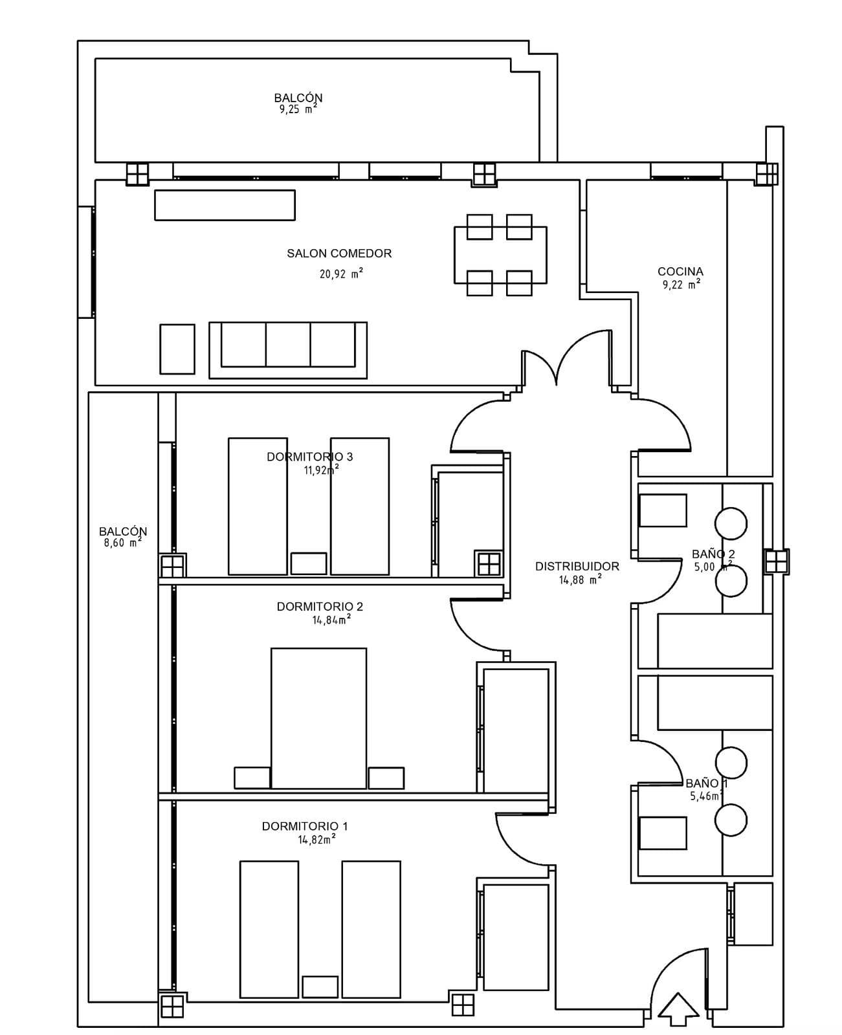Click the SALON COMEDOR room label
click(x=339, y=253)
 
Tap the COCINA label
click(x=680, y=272)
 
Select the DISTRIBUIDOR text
click(x=577, y=566)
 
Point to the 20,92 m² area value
click(x=341, y=274)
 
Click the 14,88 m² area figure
click(x=581, y=579)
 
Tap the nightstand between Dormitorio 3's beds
click(x=308, y=563)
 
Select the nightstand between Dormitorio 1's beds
click(x=320, y=987)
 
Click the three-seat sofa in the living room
click(x=288, y=350)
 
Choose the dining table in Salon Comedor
click(x=500, y=255)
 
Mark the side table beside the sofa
click(x=177, y=349)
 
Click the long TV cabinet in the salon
click(x=225, y=205)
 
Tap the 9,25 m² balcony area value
click(x=298, y=109)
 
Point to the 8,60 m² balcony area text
click(x=123, y=542)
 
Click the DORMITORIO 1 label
click(x=305, y=826)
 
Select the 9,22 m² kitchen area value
click(x=681, y=284)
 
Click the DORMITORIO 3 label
click(x=309, y=457)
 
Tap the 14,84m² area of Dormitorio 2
click(x=331, y=620)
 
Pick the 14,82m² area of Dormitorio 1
click(x=317, y=839)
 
